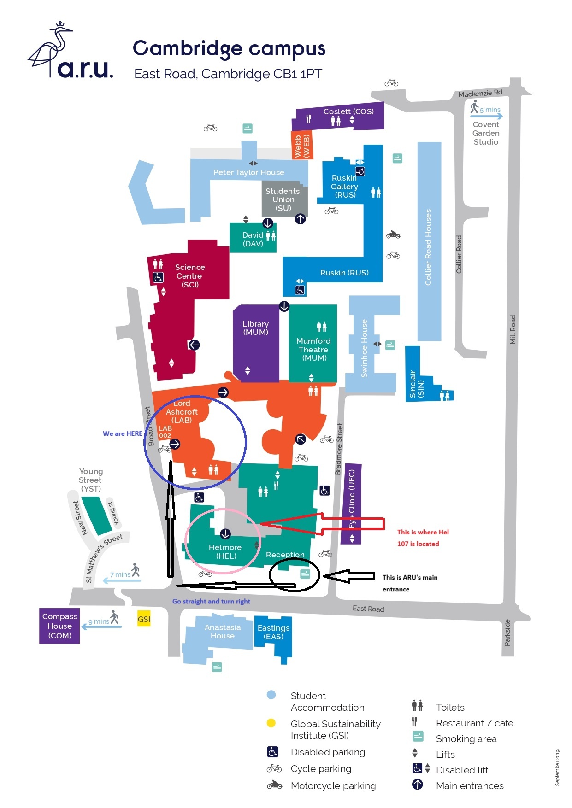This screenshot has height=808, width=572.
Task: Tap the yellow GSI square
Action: click(x=144, y=619)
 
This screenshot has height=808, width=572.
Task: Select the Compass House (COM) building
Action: click(x=59, y=626)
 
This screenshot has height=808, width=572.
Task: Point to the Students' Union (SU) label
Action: click(x=283, y=199)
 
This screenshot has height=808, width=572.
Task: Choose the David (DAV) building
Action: click(x=253, y=239)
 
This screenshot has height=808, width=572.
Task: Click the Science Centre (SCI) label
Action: click(x=189, y=276)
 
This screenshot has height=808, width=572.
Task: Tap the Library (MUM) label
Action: click(x=255, y=328)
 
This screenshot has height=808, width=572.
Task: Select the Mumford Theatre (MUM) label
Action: click(x=313, y=349)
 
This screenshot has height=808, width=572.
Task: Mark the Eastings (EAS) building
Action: click(x=273, y=632)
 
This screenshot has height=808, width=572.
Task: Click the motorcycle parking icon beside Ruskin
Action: click(x=393, y=234)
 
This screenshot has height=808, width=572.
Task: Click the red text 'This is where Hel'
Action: click(x=423, y=532)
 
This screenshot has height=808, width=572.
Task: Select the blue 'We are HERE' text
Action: click(x=122, y=433)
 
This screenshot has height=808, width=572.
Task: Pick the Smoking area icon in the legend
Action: click(x=418, y=736)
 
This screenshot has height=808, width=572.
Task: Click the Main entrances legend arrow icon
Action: click(x=417, y=785)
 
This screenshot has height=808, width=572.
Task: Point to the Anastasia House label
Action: click(x=223, y=632)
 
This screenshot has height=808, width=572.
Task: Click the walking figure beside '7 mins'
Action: click(x=135, y=570)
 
